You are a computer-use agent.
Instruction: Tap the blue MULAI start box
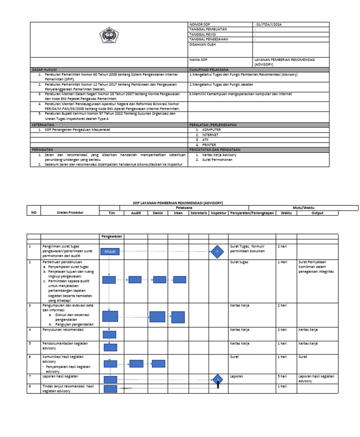click(x=110, y=252)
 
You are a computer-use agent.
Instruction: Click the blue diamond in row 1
click(x=217, y=251)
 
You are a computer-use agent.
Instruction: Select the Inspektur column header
click(x=218, y=213)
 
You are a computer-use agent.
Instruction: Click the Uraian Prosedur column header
click(x=70, y=213)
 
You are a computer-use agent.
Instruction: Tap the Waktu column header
click(x=286, y=213)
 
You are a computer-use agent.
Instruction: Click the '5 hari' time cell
click(x=282, y=376)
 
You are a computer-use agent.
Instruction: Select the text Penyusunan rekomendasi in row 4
click(x=62, y=330)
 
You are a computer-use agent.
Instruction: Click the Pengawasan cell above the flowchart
click(x=112, y=237)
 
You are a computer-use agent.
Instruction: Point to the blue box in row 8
click(x=110, y=388)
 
